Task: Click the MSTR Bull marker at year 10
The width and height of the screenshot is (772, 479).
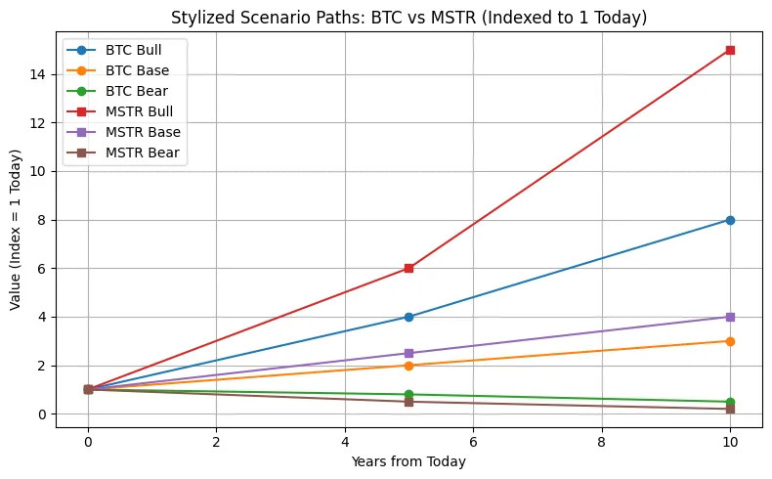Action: (x=730, y=50)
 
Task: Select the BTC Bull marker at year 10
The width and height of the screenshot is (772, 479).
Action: (x=730, y=220)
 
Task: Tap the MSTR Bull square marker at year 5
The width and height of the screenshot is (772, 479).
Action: (x=408, y=268)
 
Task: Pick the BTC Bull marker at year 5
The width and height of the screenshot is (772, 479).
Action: (x=408, y=317)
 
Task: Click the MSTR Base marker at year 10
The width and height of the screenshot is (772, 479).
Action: (x=730, y=317)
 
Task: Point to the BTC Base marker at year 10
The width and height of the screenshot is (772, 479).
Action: (x=730, y=341)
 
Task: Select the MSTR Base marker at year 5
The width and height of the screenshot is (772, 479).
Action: (x=408, y=353)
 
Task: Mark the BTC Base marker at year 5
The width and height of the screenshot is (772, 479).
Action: (x=408, y=366)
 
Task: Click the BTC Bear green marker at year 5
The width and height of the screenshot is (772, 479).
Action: (x=408, y=395)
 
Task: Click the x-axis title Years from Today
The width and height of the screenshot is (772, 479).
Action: (x=408, y=461)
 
